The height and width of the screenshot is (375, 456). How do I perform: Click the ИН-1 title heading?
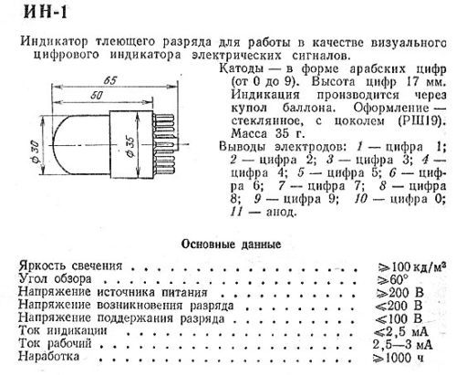pos(46,13)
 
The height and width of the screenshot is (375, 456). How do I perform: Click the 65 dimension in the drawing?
pos(110,80)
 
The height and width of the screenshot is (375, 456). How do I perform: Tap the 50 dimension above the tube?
pos(97,96)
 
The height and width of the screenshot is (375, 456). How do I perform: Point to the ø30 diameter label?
pos(36,151)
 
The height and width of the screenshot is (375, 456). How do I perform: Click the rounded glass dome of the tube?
pos(80,145)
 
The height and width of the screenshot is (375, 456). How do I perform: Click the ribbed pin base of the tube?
pos(164,144)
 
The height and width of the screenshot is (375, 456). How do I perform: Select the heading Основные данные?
pos(231,245)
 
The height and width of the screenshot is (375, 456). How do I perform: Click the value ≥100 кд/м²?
pos(411,266)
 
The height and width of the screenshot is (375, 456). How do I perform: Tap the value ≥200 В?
pos(399,293)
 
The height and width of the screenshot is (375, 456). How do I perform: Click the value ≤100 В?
pos(399,318)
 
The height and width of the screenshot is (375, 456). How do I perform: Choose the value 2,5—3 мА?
pos(402,345)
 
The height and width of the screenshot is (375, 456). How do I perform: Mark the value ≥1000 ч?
pos(399,358)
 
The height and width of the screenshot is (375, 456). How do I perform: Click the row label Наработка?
pos(49,356)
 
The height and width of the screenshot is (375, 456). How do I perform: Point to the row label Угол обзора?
pos(55,278)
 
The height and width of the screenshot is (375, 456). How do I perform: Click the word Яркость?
pos(42,266)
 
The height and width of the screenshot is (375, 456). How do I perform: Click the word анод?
pos(281,212)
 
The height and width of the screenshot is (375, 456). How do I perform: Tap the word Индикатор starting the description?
pos(54,42)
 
